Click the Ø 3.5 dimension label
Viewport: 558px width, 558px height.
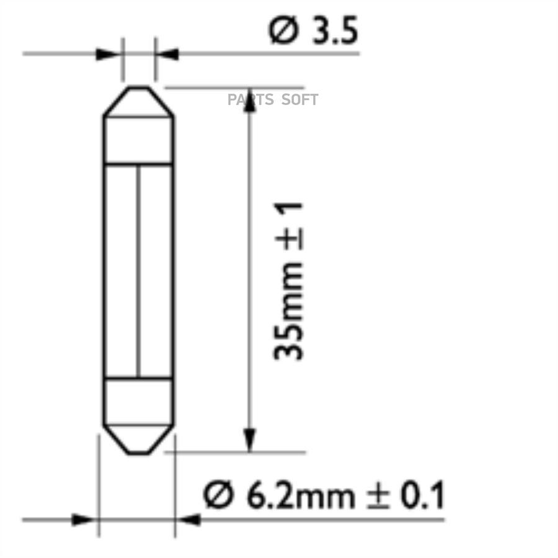[313, 30]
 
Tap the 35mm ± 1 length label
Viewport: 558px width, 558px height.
[288, 281]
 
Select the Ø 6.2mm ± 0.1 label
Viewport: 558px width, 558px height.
[324, 495]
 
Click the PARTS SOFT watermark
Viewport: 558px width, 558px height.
[273, 100]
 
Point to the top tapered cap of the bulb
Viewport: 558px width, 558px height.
[139, 102]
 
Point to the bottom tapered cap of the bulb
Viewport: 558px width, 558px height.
[139, 440]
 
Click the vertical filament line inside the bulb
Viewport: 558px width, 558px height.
[138, 271]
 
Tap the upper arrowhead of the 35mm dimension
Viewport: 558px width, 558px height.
[250, 100]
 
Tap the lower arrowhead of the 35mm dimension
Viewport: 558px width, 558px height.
[250, 441]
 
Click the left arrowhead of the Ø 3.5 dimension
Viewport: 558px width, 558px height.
[108, 55]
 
